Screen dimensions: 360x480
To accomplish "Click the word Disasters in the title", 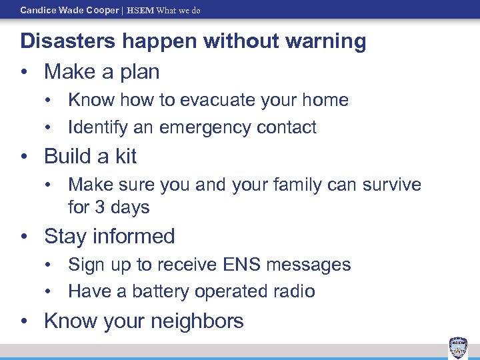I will tap(64, 41).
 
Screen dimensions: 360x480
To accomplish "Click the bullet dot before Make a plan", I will tap(25, 71).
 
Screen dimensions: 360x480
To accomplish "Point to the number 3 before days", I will tap(100, 207).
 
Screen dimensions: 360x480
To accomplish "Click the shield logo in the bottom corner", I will tap(458, 347).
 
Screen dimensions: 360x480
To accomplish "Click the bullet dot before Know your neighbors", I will tap(25, 321).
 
